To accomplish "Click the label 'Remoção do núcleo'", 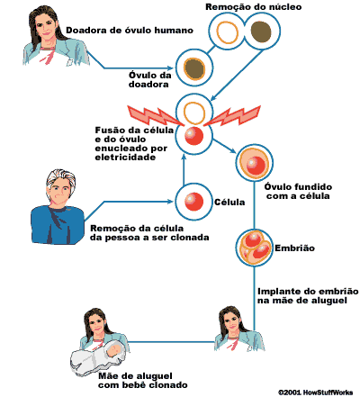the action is click(x=254, y=7).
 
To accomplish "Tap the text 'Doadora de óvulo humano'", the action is click(x=130, y=31).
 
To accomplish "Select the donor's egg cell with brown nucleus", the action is click(x=194, y=68).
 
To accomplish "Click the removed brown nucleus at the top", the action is click(x=261, y=31).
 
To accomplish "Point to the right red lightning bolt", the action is click(x=233, y=115).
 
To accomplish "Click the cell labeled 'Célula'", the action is click(x=193, y=202).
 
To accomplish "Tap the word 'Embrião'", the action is click(x=294, y=248).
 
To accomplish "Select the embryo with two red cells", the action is click(x=254, y=248).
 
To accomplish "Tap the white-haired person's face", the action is click(x=59, y=191).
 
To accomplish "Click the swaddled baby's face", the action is click(x=114, y=349).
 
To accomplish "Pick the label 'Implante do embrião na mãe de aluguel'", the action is click(x=308, y=296).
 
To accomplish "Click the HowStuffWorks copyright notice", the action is click(x=315, y=392).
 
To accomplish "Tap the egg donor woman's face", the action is click(x=47, y=27).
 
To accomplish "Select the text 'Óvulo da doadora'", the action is click(x=150, y=79).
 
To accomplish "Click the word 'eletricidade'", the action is click(x=125, y=158).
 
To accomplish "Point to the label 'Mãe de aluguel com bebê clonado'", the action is click(x=143, y=381).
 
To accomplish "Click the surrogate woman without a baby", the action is click(x=237, y=329).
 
